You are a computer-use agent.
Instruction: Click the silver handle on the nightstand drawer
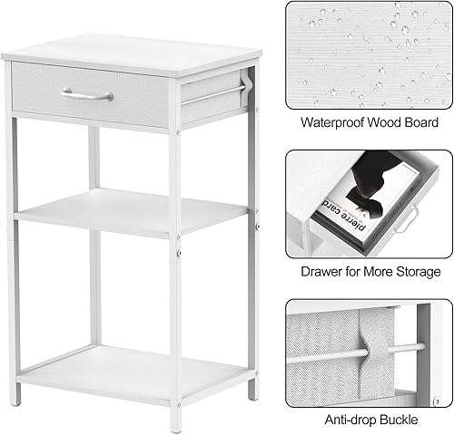pos(87,93)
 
